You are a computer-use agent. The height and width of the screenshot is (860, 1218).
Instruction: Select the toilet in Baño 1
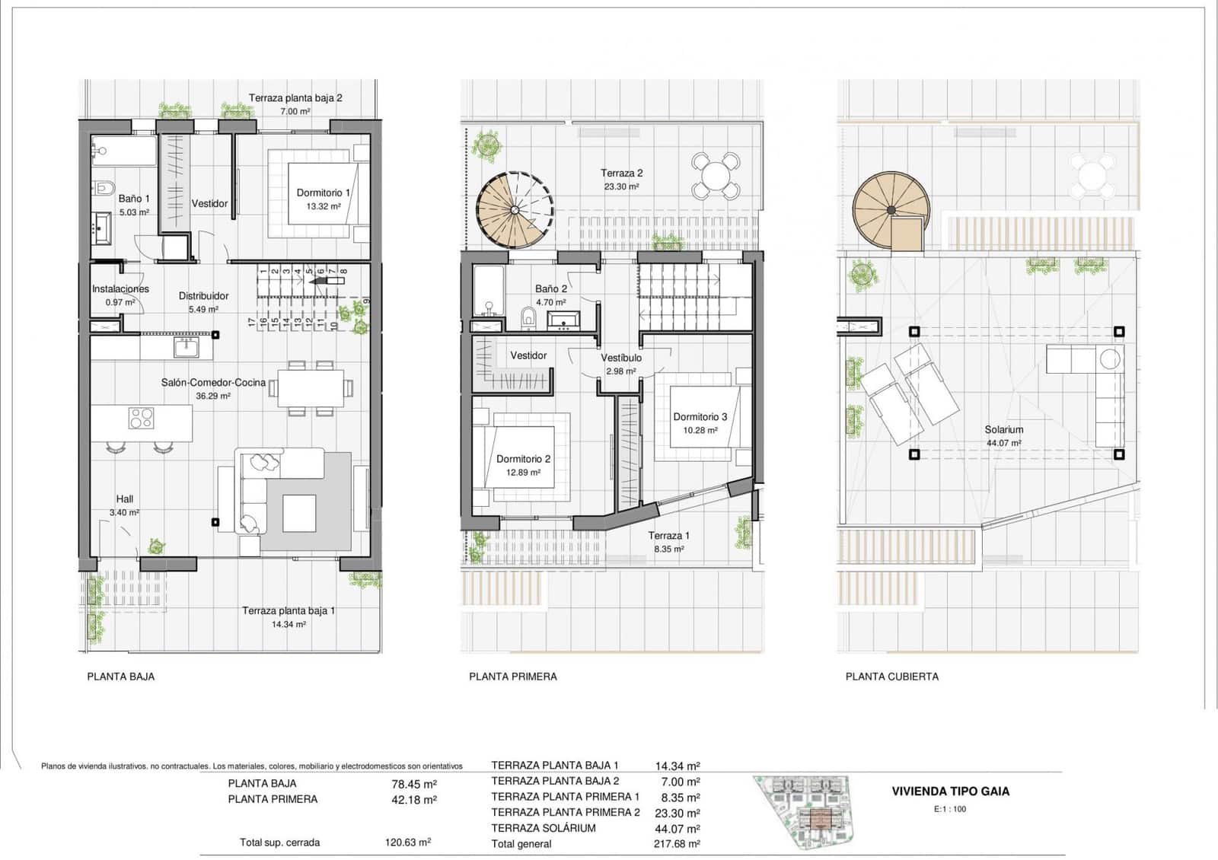(104, 187)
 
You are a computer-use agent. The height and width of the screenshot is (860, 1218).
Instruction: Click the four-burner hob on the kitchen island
(141, 418)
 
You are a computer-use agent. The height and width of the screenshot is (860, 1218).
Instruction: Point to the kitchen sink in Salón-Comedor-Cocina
(187, 348)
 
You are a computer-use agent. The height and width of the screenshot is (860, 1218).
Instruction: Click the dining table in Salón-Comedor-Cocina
(310, 388)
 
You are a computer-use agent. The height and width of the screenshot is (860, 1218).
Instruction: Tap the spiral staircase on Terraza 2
(515, 210)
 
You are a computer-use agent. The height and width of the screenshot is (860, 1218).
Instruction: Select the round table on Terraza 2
(716, 176)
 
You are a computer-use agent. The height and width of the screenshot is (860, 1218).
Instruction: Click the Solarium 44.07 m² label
(1003, 435)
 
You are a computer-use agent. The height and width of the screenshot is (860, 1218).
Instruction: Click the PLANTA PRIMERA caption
(512, 676)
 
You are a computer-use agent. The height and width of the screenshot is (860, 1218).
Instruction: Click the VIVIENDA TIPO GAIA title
(950, 791)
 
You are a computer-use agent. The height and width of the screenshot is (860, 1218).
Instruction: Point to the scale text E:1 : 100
(949, 809)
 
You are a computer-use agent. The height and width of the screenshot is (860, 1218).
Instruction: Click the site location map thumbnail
(808, 812)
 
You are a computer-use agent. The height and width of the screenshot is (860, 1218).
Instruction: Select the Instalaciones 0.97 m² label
(120, 295)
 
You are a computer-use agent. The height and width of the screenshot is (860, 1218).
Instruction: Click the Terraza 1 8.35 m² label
(668, 541)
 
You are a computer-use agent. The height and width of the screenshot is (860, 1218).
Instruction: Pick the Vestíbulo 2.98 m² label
(620, 364)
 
